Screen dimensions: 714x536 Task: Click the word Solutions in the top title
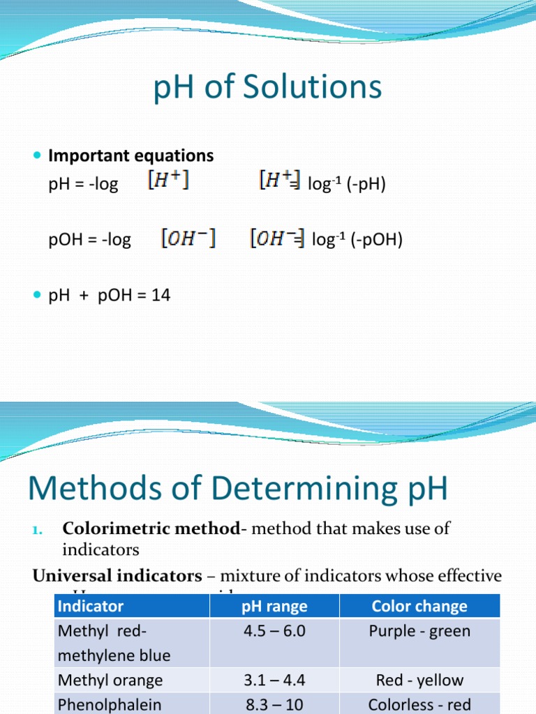(313, 89)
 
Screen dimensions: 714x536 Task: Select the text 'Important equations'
(131, 155)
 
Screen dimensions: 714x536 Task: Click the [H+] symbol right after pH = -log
(167, 183)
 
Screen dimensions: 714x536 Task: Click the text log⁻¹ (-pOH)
(357, 241)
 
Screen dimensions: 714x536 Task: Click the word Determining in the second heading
(294, 489)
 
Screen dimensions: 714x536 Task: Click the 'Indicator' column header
(91, 607)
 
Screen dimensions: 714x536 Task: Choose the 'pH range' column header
(274, 607)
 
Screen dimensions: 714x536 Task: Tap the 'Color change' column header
(419, 607)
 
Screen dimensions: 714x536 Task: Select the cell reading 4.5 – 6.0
(274, 632)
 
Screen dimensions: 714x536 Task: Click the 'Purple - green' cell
(419, 632)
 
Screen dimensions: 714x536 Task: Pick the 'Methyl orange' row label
(110, 681)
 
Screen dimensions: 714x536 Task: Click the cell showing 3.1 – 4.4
(274, 681)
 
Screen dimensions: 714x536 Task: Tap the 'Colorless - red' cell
(419, 705)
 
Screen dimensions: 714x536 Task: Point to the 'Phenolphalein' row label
(110, 705)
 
